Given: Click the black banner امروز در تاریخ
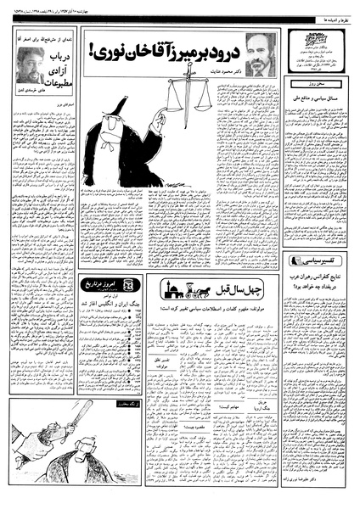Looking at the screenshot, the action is pos(100,283).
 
